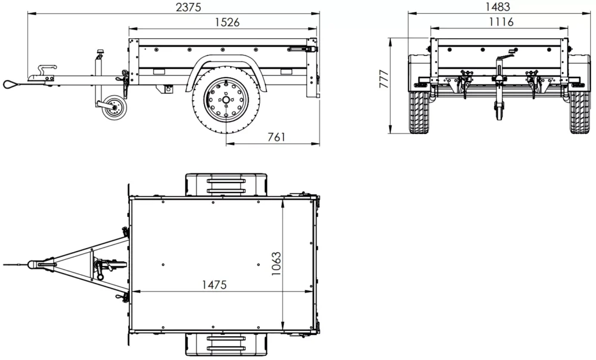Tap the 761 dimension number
pyautogui.click(x=274, y=136)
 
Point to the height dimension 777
pyautogui.click(x=383, y=80)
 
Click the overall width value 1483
pyautogui.click(x=498, y=7)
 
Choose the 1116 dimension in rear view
pyautogui.click(x=499, y=21)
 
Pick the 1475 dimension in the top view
pyautogui.click(x=213, y=284)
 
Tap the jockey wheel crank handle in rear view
pyautogui.click(x=504, y=59)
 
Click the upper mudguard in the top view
pyautogui.click(x=226, y=184)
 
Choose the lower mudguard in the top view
pyautogui.click(x=226, y=345)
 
